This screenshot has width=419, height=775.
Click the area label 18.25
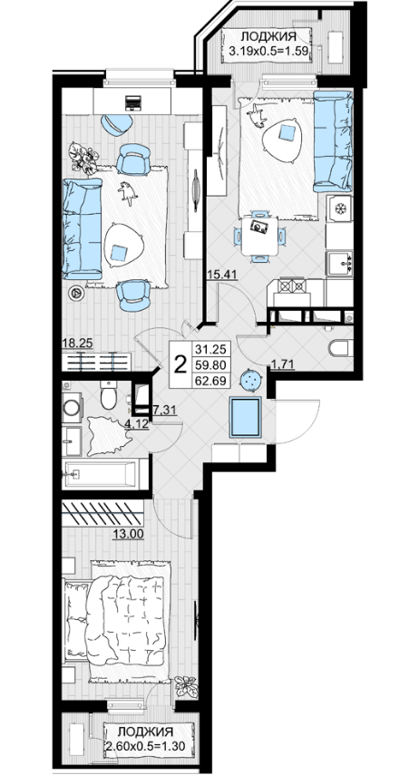click(x=77, y=344)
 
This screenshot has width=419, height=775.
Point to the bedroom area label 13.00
click(x=128, y=533)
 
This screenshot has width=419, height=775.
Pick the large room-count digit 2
click(x=181, y=364)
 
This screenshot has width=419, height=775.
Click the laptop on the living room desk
click(x=133, y=102)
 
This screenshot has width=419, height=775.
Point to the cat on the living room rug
click(x=128, y=193)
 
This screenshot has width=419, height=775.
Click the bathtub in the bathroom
click(x=101, y=474)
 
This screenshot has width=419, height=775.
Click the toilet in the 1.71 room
click(x=341, y=347)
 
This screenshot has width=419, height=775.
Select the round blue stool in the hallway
click(x=251, y=380)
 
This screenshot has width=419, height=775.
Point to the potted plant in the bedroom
click(x=187, y=686)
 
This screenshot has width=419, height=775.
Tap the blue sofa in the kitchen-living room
click(x=333, y=140)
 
